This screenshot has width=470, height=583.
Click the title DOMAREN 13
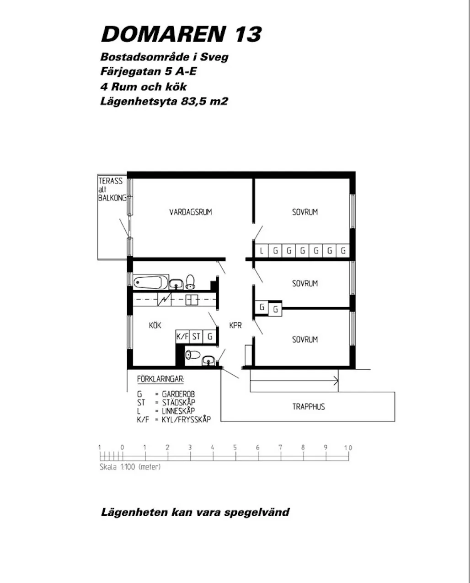[181, 34]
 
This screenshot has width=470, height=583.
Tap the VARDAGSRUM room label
[191, 212]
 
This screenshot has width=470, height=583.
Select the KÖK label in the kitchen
[155, 325]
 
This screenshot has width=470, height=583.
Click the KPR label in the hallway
[235, 325]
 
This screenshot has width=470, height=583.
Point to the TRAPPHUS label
[309, 406]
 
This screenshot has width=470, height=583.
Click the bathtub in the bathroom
[151, 282]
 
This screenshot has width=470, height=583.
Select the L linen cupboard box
[262, 251]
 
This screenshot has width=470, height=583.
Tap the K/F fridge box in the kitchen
[182, 336]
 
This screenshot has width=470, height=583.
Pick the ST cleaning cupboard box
[196, 336]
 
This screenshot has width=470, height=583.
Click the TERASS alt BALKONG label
[111, 189]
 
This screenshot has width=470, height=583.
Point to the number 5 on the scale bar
[235, 448]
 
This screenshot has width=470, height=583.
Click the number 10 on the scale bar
[348, 448]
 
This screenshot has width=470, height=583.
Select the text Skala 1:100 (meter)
[130, 467]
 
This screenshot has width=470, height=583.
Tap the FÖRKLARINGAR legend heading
[160, 379]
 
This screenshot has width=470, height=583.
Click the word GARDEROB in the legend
[178, 394]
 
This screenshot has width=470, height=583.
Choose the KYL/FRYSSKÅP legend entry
[186, 419]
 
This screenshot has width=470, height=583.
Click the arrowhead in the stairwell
[336, 380]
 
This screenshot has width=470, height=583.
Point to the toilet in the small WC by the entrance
[192, 354]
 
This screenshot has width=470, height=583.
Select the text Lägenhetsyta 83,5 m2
[164, 101]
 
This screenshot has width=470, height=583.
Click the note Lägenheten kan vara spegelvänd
[195, 512]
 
